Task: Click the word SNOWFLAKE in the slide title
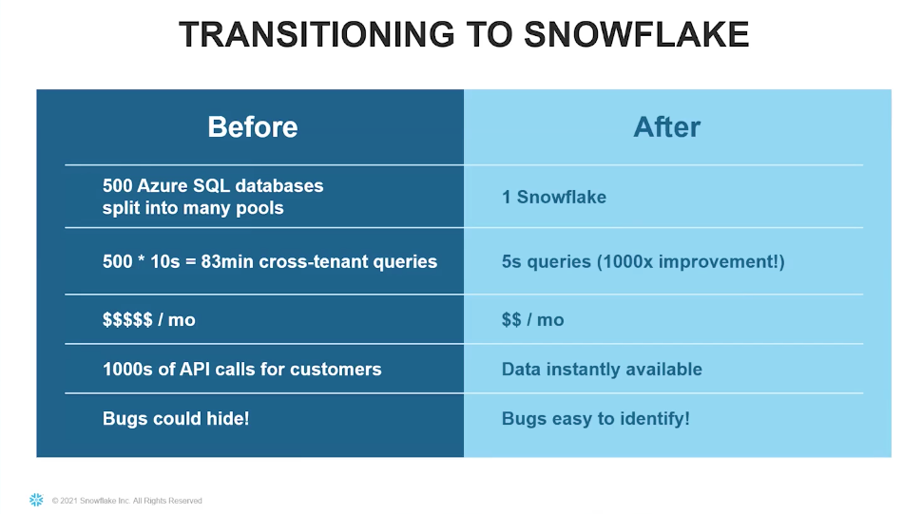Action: (x=636, y=34)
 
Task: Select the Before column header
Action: (x=253, y=127)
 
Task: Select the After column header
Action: (x=667, y=127)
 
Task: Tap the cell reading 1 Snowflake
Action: (x=554, y=197)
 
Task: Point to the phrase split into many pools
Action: (x=193, y=208)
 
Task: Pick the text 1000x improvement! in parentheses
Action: (x=690, y=261)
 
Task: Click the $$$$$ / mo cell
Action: (x=149, y=319)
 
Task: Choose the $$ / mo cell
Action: (x=532, y=319)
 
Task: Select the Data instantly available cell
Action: (x=602, y=369)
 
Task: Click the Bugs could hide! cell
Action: (x=176, y=418)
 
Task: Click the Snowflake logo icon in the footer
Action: (x=36, y=500)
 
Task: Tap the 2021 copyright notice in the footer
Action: (x=127, y=501)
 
